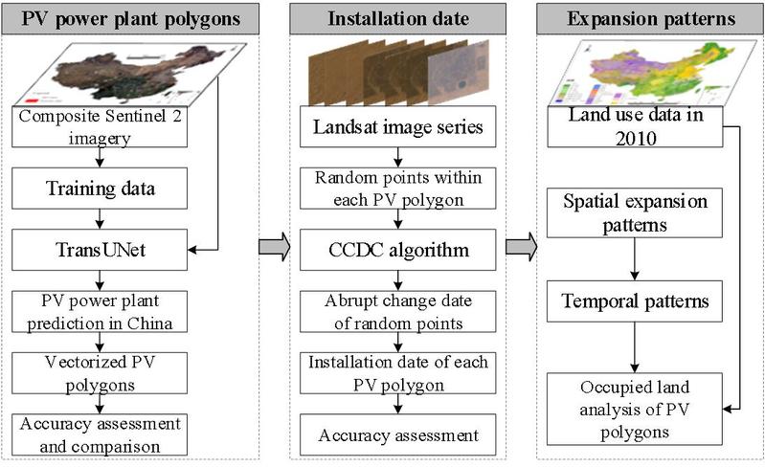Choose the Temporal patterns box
(x=634, y=302)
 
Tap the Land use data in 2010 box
(x=634, y=127)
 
